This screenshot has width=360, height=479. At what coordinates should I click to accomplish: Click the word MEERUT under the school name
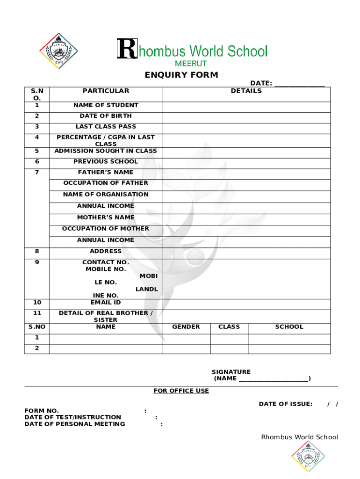point(191,63)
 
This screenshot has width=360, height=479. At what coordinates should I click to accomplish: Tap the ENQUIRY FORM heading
point(181,75)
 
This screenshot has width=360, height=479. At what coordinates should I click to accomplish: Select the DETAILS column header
point(246,91)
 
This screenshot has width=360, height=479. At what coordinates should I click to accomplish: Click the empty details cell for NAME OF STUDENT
point(246,106)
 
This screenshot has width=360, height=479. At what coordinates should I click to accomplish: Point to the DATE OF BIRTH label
point(106,116)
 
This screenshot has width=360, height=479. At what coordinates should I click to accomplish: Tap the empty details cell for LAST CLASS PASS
point(246,127)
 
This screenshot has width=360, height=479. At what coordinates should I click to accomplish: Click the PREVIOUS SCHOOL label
point(106,161)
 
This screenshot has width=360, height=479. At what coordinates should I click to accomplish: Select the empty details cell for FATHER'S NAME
point(246,172)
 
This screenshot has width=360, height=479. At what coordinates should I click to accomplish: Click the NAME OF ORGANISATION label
point(106,194)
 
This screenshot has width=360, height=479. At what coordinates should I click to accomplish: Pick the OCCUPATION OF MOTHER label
point(106,228)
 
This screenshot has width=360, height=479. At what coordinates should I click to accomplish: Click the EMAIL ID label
point(106,302)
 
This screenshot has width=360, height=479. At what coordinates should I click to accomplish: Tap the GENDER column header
point(186,327)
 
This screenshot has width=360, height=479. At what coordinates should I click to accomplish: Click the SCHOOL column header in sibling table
point(289,327)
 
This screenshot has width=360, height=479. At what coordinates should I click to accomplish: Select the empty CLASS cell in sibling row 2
point(229,348)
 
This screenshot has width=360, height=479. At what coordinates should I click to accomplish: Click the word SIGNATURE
point(231,372)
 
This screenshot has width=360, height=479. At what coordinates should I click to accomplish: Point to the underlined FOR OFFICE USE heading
point(181,391)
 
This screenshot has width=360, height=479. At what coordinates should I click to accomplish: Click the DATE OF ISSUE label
point(285,404)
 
